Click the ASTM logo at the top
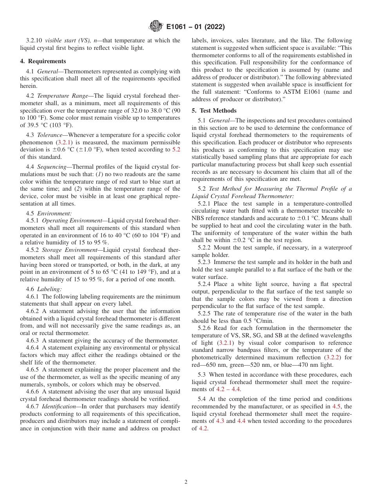(156, 27)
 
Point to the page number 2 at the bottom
(186, 482)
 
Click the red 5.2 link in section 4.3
(176, 149)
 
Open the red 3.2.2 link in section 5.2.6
(333, 357)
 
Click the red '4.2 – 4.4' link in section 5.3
(228, 389)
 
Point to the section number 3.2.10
(34, 40)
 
